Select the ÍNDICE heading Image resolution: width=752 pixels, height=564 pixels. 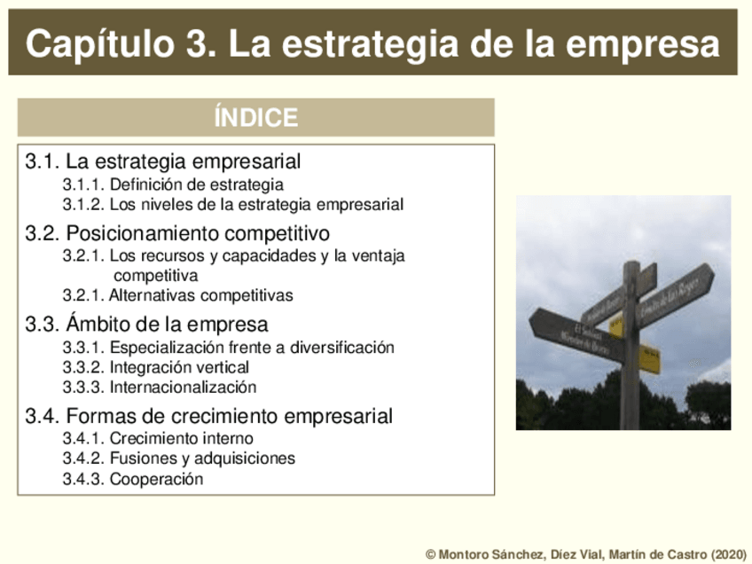[255, 117]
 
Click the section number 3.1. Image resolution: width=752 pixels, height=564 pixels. [43, 162]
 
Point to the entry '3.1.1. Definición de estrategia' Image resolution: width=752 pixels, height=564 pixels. [173, 184]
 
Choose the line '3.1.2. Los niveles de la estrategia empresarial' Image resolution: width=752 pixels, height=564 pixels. [232, 205]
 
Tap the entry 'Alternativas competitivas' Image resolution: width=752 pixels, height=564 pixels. [200, 295]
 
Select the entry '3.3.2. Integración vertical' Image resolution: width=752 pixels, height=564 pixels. [155, 367]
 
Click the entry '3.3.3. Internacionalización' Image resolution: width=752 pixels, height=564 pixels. [159, 388]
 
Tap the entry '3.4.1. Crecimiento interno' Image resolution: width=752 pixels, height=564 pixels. [157, 438]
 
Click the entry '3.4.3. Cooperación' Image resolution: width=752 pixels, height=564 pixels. [132, 480]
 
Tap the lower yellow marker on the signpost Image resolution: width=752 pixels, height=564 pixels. [649, 358]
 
